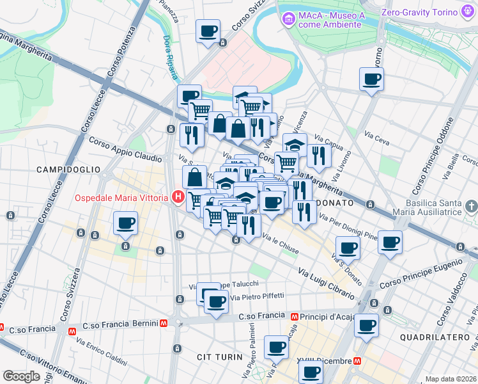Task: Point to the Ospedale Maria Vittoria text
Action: [x=121, y=197]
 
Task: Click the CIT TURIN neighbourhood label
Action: [x=219, y=356]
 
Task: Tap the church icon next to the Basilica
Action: [x=471, y=206]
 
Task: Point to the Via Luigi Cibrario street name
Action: [x=326, y=284]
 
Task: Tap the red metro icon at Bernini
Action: [x=164, y=324]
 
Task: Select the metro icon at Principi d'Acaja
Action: [x=294, y=316]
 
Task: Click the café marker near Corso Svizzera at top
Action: [x=208, y=31]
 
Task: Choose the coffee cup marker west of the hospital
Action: [x=125, y=224]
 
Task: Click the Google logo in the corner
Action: [x=21, y=376]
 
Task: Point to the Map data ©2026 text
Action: [x=451, y=379]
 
